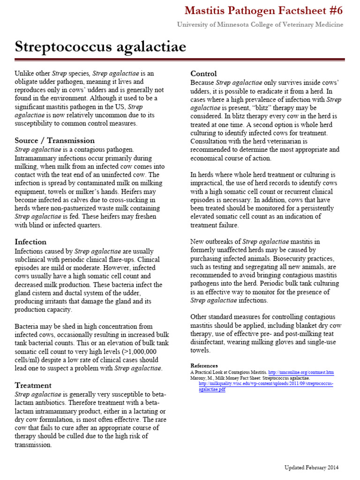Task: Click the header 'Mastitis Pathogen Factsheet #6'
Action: [264, 10]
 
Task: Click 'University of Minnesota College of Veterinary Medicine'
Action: [260, 24]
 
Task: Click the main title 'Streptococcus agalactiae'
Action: [100, 47]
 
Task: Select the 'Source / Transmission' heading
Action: [54, 141]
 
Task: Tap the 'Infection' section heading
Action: [30, 242]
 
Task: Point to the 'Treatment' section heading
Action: [33, 385]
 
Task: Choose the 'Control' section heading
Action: [203, 73]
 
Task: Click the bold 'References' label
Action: [204, 366]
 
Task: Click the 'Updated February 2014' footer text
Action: [311, 467]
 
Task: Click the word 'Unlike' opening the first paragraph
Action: [24, 74]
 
